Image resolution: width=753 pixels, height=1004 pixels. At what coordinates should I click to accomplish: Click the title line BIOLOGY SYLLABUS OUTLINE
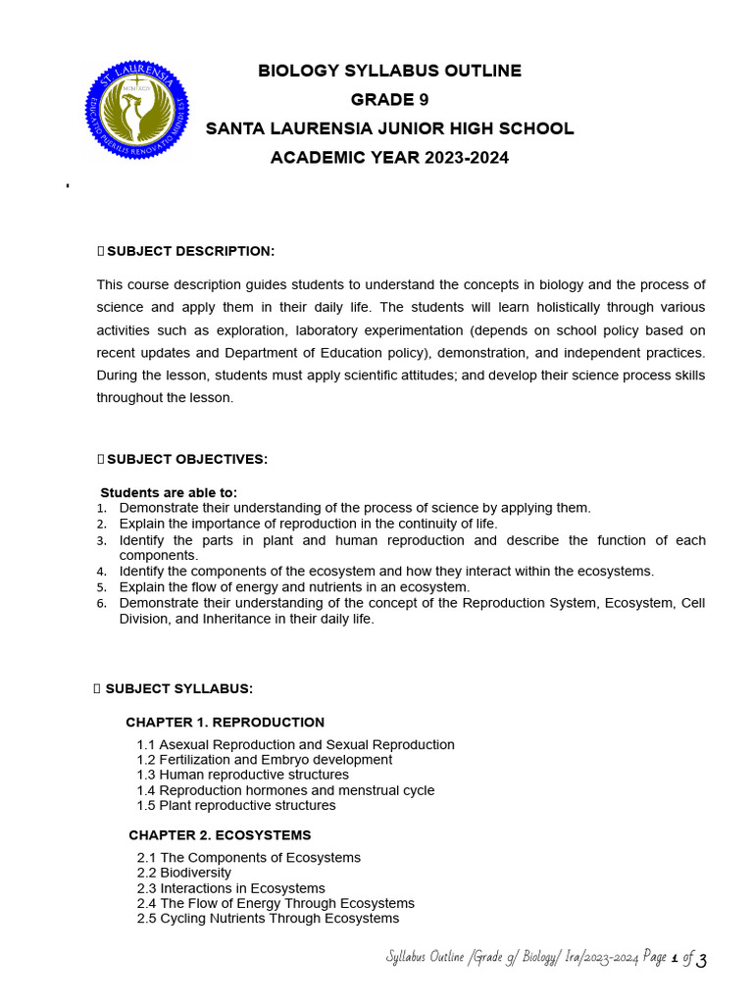[x=389, y=71]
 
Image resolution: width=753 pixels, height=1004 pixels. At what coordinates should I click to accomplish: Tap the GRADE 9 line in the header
[x=389, y=99]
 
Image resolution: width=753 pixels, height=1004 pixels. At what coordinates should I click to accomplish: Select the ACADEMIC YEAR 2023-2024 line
[x=389, y=158]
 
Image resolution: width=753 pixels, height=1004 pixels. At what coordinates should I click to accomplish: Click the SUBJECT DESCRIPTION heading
[x=190, y=251]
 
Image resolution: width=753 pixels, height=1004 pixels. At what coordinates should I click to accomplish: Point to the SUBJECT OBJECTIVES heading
[x=186, y=459]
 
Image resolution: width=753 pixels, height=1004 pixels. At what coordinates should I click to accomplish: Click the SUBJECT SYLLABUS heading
[x=178, y=688]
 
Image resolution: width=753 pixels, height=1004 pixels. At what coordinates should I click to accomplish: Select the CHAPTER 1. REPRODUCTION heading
[x=225, y=722]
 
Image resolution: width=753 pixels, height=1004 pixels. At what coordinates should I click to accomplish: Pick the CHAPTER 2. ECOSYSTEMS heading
[x=220, y=835]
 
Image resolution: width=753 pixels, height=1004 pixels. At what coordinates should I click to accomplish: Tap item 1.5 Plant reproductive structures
[x=236, y=805]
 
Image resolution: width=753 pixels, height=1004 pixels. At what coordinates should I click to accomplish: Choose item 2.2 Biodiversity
[x=184, y=873]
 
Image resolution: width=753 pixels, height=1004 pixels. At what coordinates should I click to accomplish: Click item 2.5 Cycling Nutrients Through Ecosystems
[x=268, y=919]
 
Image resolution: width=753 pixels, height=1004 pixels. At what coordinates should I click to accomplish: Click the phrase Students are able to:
[x=169, y=492]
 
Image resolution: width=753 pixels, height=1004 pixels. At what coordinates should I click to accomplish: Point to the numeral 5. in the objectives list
[x=101, y=587]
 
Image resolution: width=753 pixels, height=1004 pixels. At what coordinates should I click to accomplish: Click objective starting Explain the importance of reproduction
[x=308, y=524]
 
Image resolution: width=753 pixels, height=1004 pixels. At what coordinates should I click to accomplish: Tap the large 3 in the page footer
[x=701, y=960]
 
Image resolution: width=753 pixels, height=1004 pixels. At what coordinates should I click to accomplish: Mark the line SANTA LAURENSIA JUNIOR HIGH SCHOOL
[x=389, y=128]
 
